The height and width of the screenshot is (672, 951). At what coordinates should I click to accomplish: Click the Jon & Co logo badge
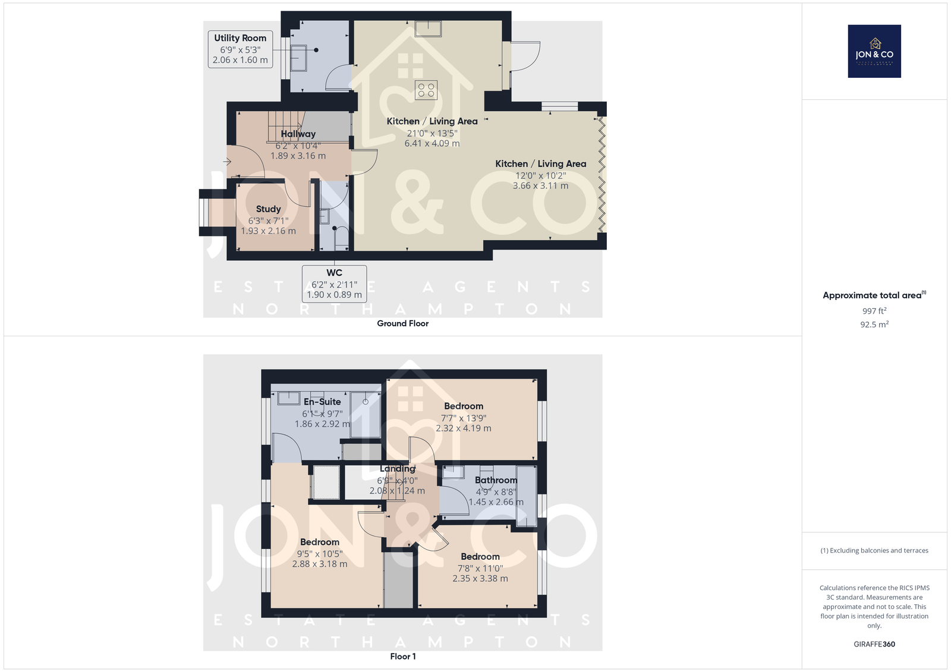click(874, 51)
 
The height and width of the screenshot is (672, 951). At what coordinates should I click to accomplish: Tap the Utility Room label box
click(240, 49)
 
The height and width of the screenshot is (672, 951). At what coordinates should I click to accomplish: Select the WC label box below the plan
click(334, 284)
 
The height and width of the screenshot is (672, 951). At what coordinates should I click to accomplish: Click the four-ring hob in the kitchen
click(426, 90)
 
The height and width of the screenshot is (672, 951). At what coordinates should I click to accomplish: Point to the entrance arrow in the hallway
click(227, 162)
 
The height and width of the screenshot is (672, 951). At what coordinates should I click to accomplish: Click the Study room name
click(268, 209)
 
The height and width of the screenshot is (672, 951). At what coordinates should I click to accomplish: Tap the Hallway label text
click(298, 134)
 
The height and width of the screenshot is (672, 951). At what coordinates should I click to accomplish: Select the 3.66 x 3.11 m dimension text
click(540, 185)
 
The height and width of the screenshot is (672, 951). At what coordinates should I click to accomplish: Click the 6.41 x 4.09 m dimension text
click(432, 143)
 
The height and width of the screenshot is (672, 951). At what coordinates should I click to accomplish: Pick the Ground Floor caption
click(402, 323)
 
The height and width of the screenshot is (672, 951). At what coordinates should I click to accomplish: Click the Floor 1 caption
click(403, 657)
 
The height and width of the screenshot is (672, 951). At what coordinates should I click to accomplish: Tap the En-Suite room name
click(322, 402)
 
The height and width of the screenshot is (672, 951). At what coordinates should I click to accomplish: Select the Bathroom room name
click(496, 480)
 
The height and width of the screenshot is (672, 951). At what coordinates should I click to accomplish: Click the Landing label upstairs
click(398, 469)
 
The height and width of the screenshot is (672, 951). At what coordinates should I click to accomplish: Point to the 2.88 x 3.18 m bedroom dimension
click(320, 564)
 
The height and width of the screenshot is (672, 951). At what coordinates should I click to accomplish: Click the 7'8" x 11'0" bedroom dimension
click(480, 569)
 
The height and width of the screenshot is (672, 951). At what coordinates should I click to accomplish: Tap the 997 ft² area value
click(874, 311)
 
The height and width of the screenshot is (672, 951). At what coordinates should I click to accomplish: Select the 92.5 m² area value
click(874, 324)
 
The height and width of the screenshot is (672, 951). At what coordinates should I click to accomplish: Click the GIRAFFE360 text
click(874, 644)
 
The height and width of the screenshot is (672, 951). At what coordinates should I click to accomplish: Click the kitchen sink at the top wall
click(428, 29)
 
